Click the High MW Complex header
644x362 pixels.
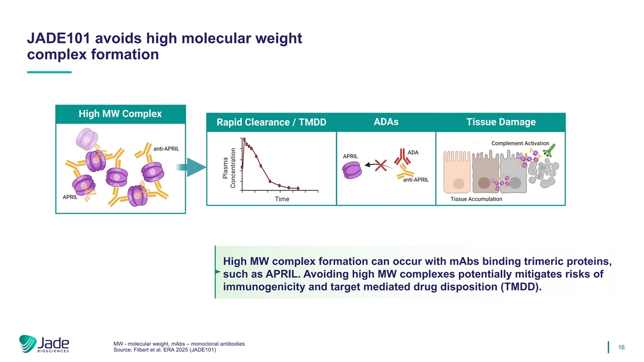(120, 114)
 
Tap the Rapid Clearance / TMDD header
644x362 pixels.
(272, 122)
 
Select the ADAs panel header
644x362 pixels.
(386, 122)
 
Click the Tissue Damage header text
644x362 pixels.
(501, 122)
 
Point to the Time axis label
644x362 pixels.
(282, 199)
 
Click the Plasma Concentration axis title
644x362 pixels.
(229, 168)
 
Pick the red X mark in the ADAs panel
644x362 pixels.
(380, 166)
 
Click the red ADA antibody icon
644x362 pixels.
(402, 156)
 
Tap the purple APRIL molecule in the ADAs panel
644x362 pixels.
(352, 170)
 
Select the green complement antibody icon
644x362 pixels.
(550, 151)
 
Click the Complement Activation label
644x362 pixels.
(520, 143)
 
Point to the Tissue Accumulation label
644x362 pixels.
(476, 199)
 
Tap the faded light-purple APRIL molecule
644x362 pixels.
(87, 139)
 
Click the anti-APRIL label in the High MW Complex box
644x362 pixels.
(166, 149)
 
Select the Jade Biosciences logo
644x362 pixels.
(44, 344)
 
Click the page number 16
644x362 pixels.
(621, 348)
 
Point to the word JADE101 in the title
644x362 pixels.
(58, 38)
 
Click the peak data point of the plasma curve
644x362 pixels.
(244, 139)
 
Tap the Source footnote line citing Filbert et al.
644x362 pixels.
(164, 350)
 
